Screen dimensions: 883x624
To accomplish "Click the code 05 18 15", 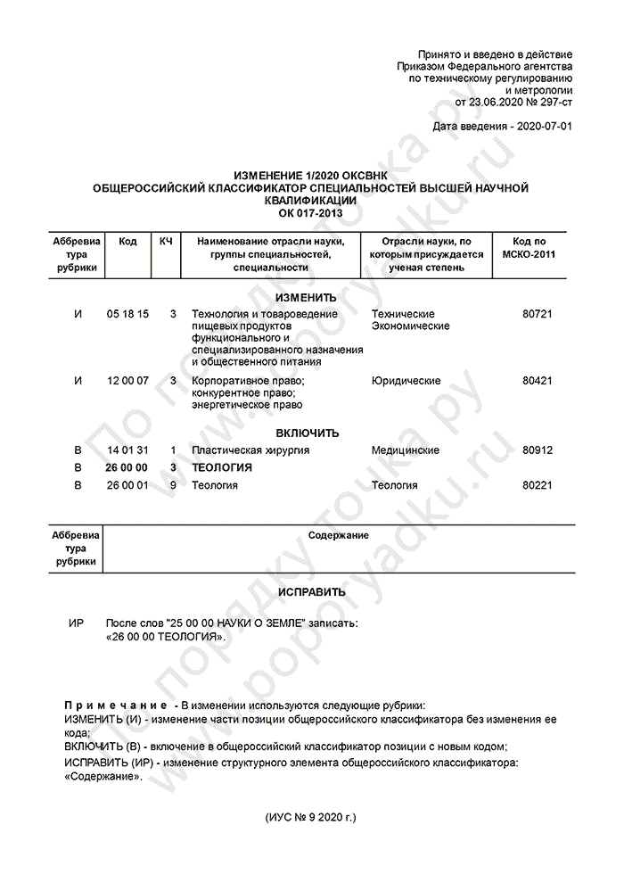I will pos(127,314).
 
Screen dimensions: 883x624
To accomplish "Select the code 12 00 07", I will pos(127,381).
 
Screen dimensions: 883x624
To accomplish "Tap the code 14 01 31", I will pos(127,450).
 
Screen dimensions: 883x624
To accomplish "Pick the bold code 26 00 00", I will pos(127,467).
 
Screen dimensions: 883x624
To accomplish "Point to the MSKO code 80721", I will pos(538,314).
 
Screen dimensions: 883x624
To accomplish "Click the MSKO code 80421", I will pos(538,381).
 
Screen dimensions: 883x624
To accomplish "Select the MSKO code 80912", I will pos(538,450).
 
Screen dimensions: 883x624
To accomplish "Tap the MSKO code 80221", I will pos(538,485).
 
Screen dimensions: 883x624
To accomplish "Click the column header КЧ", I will pos(166,242).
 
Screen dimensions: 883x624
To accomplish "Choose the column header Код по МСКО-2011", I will pos(530,248).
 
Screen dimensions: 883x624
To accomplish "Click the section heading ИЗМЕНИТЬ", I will pos(307,297).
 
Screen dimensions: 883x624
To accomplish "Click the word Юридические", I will pos(406,381).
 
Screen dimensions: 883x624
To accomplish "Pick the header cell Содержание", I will pos(339,534).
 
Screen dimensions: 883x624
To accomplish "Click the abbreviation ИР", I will pos(77,622).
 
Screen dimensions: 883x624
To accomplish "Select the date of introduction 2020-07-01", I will pos(545,126).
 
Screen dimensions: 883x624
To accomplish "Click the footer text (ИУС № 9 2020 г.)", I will pos(311,816).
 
